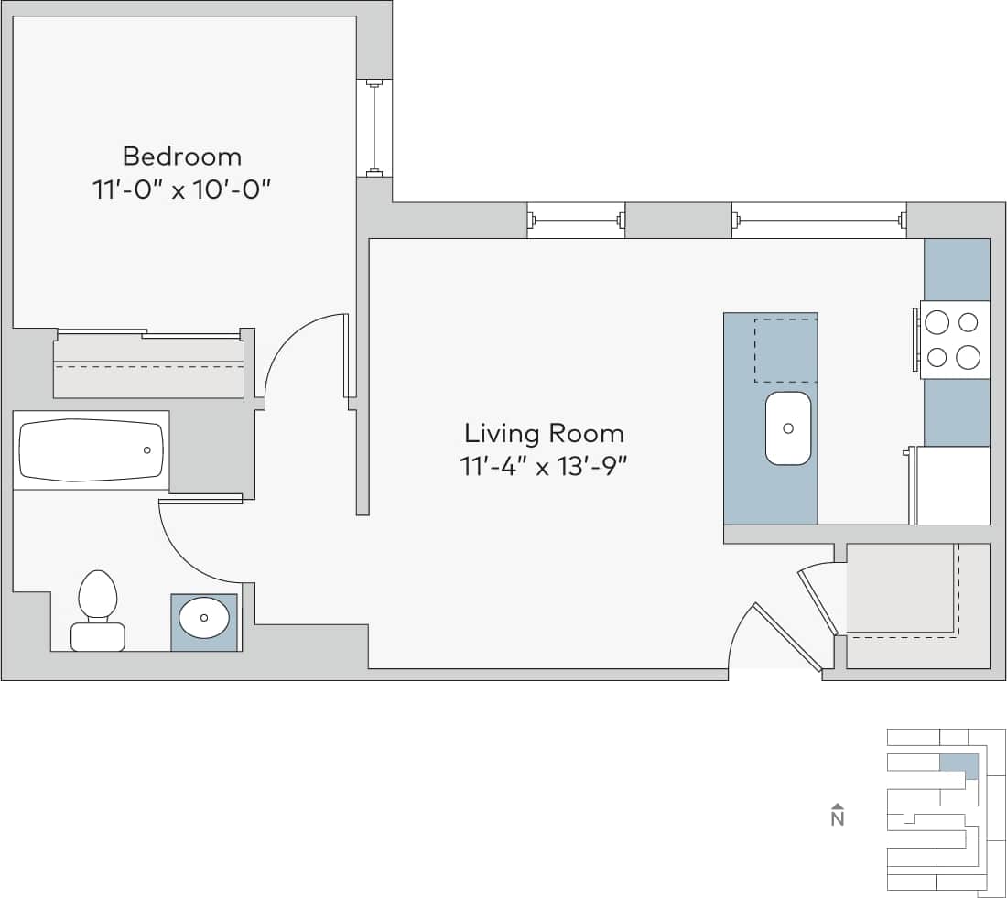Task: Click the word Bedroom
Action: click(x=182, y=156)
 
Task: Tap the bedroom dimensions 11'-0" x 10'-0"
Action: click(x=182, y=190)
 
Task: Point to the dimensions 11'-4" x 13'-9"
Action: click(x=544, y=467)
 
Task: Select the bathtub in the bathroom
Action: click(x=92, y=450)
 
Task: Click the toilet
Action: click(x=98, y=610)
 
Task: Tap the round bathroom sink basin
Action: click(x=203, y=620)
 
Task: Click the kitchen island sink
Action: click(x=787, y=427)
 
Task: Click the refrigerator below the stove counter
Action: click(x=952, y=485)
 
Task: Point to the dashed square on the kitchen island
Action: click(x=785, y=350)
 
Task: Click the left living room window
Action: click(x=576, y=220)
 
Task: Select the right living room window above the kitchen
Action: click(x=818, y=220)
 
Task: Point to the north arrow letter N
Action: click(x=837, y=818)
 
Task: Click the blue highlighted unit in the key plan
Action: click(x=958, y=764)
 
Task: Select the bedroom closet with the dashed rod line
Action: click(x=149, y=366)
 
